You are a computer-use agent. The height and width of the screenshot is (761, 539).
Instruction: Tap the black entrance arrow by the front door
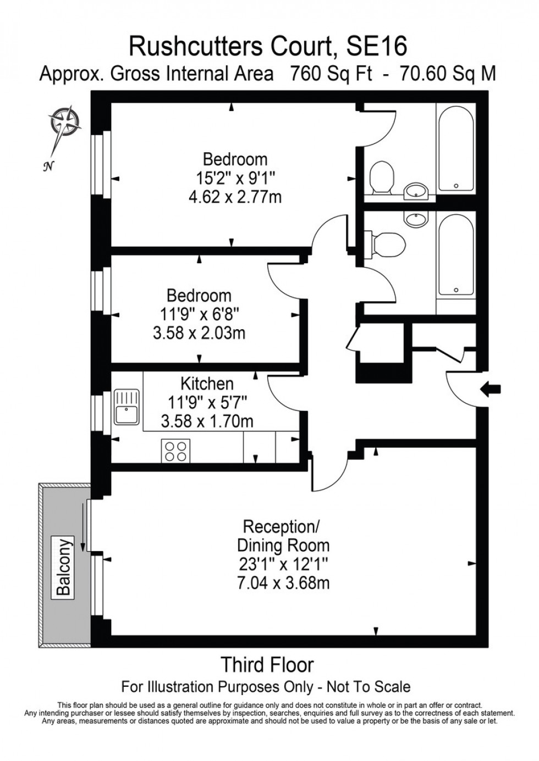[491, 389]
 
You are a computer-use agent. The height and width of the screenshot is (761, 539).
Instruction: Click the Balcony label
[64, 566]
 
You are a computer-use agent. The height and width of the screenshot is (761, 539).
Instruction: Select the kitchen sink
[127, 407]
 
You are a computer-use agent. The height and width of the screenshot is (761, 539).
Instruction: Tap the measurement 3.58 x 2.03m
[199, 333]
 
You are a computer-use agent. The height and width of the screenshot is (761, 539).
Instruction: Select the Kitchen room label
[207, 383]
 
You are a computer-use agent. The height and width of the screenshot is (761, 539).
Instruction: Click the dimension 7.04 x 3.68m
[283, 582]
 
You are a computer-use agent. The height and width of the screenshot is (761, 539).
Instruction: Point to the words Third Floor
[267, 665]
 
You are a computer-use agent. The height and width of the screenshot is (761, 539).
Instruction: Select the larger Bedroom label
[235, 159]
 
